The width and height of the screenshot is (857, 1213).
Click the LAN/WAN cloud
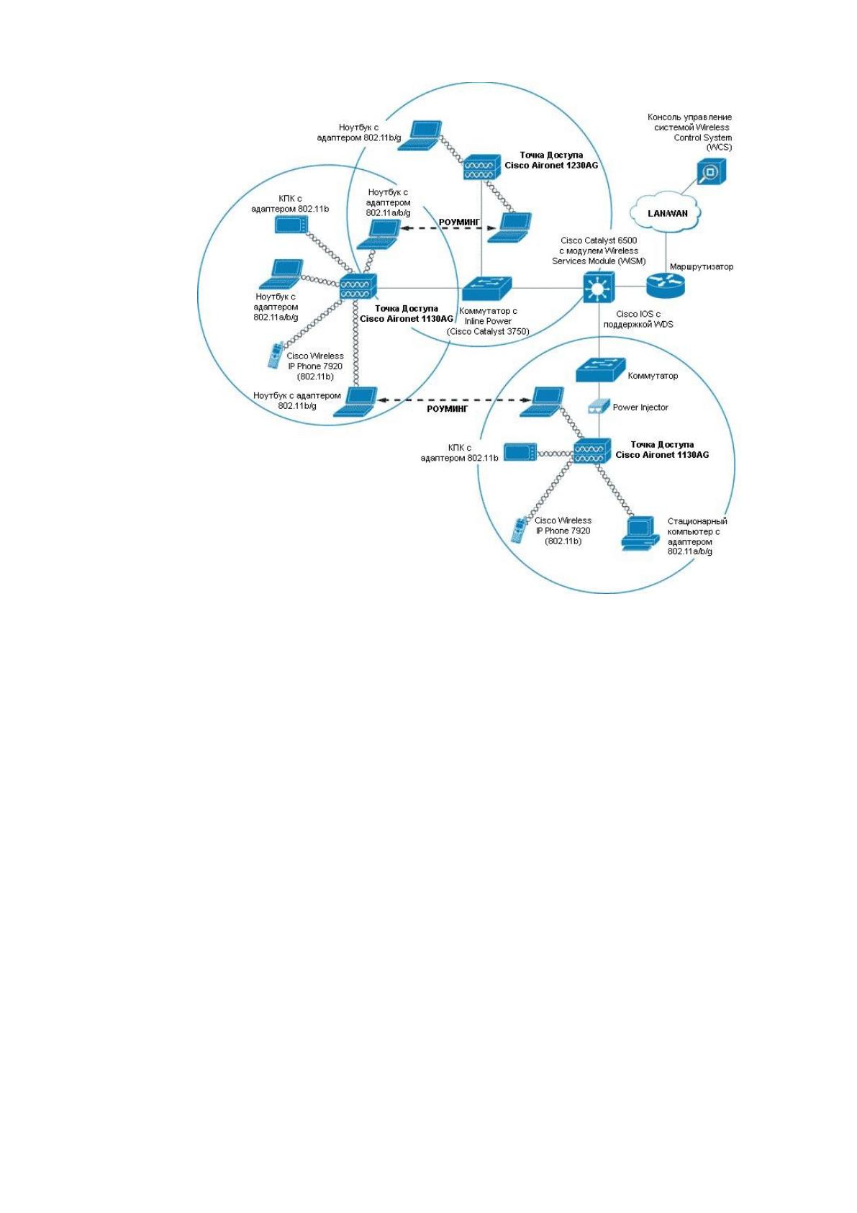666,212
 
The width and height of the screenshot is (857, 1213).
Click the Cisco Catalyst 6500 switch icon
599,287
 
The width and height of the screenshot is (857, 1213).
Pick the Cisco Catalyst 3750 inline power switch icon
486,288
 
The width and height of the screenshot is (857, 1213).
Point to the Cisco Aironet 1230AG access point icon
481,167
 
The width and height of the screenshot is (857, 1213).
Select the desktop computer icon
640,533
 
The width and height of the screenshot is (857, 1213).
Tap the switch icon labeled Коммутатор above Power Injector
600,370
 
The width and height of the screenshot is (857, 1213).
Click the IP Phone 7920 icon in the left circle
276,356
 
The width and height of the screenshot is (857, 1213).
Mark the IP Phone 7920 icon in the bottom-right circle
520,530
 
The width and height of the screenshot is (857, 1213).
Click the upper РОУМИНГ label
460,222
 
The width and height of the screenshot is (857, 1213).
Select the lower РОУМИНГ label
447,409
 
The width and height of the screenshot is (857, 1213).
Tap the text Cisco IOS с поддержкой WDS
638,319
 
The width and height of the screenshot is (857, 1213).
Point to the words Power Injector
640,407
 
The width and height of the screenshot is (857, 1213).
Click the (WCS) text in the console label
719,148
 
